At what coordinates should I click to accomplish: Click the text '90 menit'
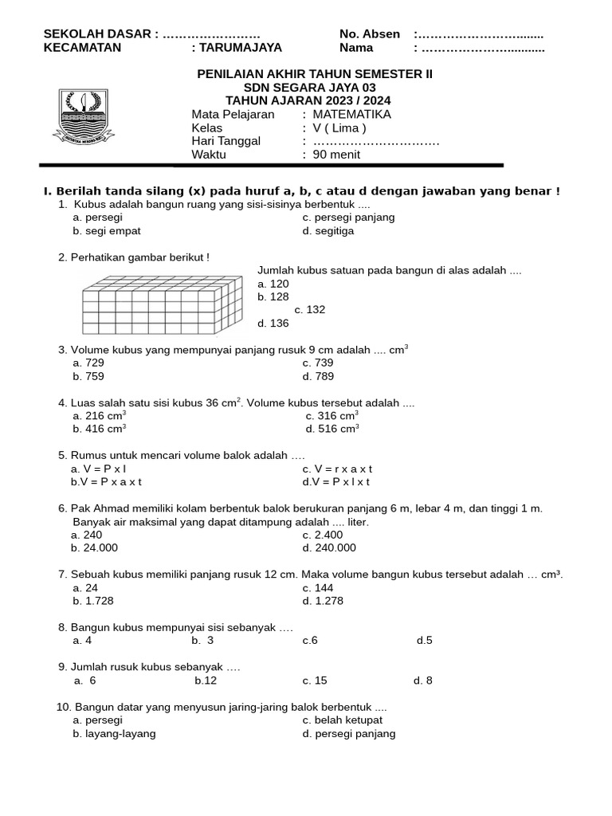[x=336, y=155]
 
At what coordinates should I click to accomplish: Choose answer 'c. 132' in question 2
[x=310, y=309]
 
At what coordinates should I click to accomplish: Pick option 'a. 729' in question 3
[x=88, y=363]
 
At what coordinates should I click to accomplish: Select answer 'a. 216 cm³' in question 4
[x=99, y=415]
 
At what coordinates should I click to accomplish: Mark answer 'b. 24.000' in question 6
[x=95, y=547]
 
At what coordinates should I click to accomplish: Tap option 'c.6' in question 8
[x=310, y=640]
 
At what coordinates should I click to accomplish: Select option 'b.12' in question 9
[x=206, y=680]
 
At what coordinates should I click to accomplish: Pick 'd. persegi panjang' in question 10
[x=349, y=733]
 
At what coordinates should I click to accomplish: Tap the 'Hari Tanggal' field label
[x=226, y=141]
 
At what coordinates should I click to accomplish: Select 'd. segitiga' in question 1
[x=328, y=231]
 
